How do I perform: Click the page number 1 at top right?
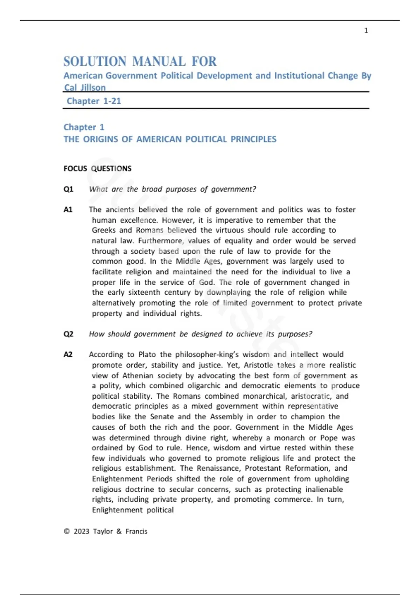366,30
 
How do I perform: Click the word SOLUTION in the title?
95,62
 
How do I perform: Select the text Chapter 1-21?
94,101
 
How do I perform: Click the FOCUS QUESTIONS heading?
97,169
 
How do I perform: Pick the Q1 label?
68,189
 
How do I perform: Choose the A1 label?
68,210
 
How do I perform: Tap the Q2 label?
68,334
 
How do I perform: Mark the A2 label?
68,355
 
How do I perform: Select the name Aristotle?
258,365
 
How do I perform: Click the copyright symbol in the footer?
67,531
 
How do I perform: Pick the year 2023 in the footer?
82,531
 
